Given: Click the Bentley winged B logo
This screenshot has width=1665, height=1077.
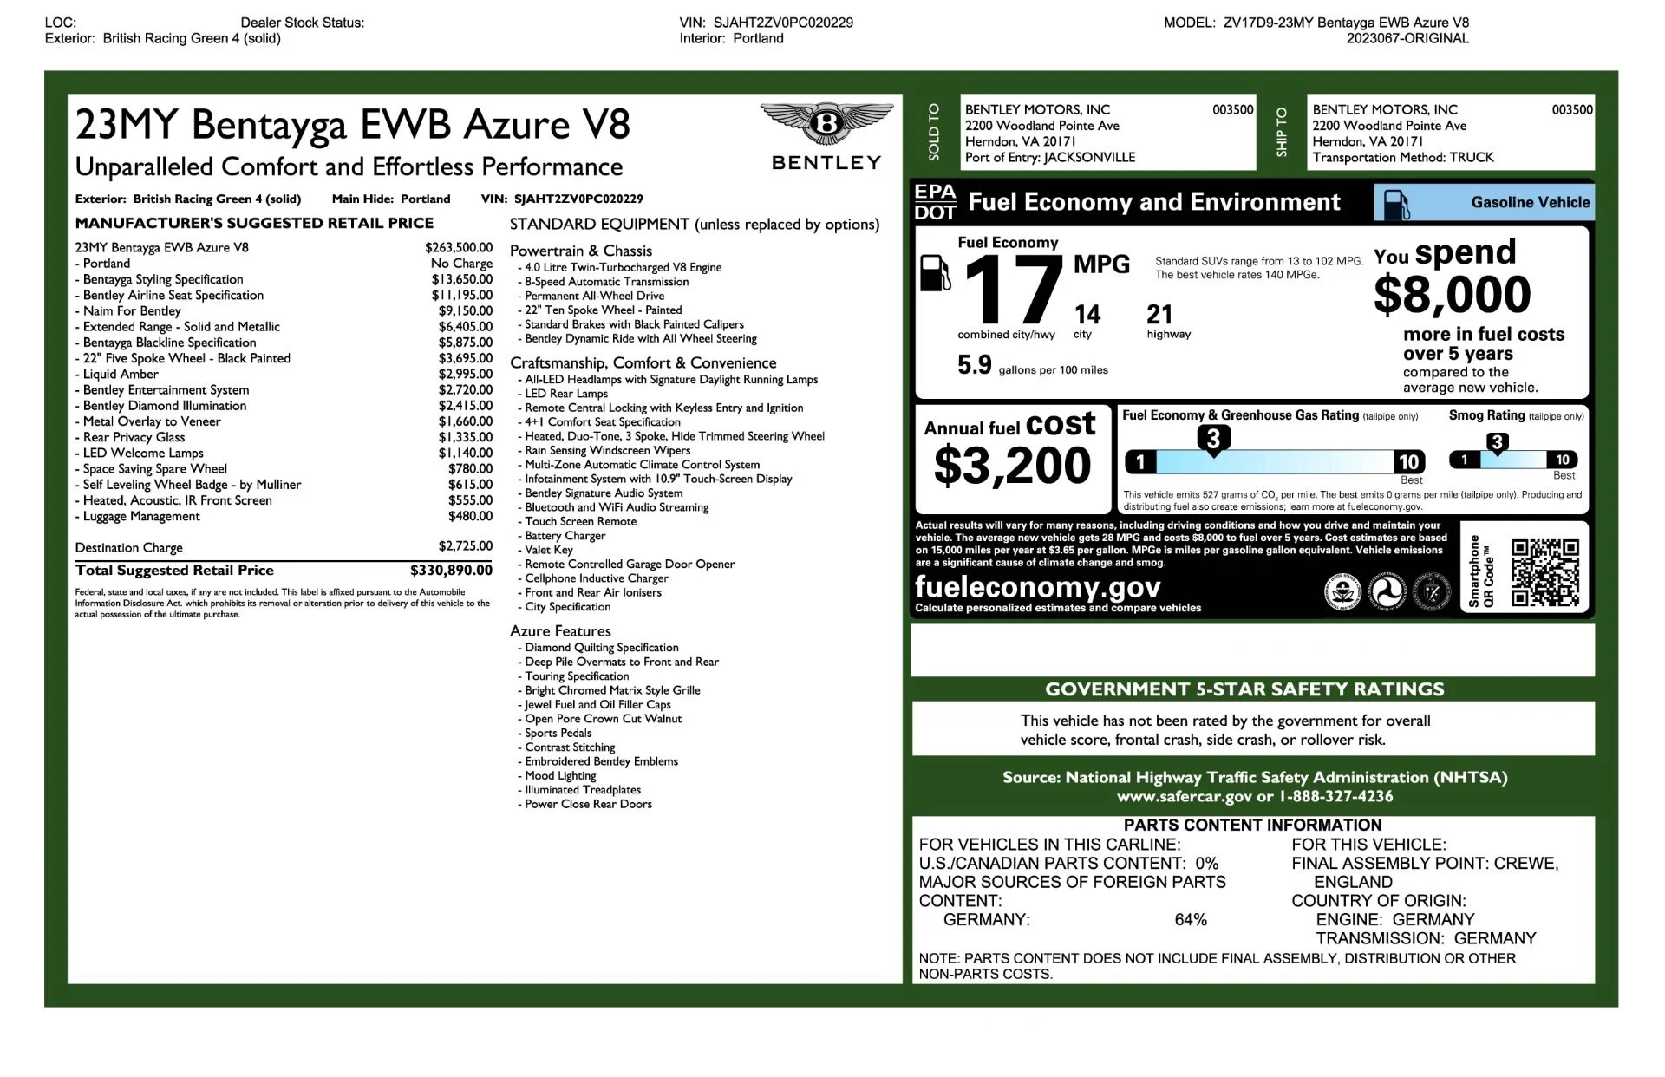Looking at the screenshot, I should click(826, 126).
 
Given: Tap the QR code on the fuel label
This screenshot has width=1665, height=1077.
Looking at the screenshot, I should click(1544, 573).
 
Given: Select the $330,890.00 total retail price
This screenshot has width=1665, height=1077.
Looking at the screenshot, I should click(451, 571).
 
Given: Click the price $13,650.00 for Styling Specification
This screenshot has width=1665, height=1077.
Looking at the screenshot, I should click(461, 279).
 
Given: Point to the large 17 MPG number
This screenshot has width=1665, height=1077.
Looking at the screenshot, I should click(1012, 290).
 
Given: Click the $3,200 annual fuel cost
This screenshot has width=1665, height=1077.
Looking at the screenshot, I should click(1012, 466).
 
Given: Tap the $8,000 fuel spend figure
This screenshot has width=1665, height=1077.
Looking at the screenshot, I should click(1452, 295).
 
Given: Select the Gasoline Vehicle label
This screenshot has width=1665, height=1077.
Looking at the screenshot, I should click(1530, 203).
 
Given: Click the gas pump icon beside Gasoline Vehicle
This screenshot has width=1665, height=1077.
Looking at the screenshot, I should click(1395, 204).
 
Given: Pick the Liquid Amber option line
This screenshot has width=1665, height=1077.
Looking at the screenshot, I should click(121, 375).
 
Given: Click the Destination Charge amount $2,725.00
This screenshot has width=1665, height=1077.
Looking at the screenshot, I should click(465, 546).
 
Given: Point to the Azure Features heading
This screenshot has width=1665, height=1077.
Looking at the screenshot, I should click(560, 631).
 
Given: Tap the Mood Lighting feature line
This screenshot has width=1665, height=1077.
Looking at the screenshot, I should click(560, 776).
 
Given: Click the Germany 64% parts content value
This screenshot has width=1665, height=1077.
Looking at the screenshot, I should click(1191, 920).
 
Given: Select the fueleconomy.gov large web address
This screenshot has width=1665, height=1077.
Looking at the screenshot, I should click(1037, 587).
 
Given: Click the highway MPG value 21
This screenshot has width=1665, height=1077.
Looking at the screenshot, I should click(1159, 314).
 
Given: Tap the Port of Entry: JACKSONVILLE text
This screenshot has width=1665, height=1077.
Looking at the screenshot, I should click(1049, 158).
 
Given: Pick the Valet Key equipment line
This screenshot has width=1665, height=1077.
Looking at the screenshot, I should click(549, 550).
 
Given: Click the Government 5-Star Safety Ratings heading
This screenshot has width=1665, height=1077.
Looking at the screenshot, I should click(1244, 689).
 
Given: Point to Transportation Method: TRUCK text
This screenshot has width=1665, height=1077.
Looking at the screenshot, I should click(1402, 158).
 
